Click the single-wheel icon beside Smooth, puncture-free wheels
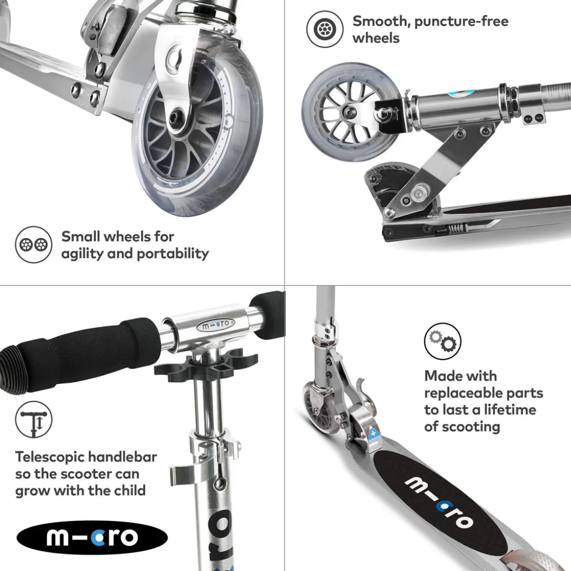click(x=325, y=29)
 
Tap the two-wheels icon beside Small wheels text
click(x=34, y=245)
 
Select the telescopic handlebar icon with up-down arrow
click(x=34, y=420)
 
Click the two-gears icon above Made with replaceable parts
click(x=443, y=341)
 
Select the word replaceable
click(x=463, y=393)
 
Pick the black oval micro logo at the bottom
click(x=92, y=538)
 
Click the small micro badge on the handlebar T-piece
click(x=216, y=326)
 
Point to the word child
click(x=130, y=490)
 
